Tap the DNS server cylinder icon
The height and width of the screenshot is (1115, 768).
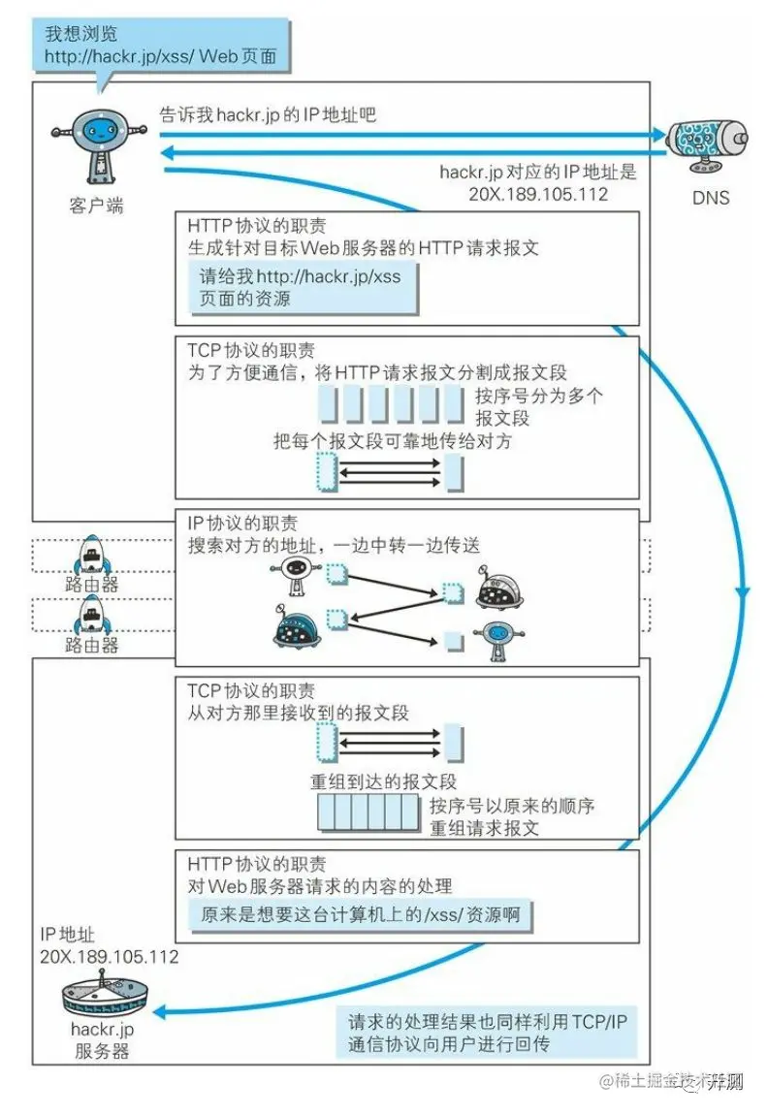tap(706, 143)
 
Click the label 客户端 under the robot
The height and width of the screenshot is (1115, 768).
tap(96, 206)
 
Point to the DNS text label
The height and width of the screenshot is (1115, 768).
tap(710, 198)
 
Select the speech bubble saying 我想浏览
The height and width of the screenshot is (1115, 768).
tap(160, 45)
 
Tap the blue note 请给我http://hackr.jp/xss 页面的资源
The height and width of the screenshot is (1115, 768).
tap(300, 288)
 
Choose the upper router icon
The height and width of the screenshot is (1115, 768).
tap(91, 557)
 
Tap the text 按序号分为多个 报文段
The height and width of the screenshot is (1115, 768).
tap(538, 407)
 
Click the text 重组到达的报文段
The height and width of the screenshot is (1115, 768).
tap(383, 781)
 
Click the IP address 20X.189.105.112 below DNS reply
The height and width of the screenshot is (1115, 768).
tap(538, 193)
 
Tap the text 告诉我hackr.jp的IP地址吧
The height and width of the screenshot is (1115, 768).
tap(267, 115)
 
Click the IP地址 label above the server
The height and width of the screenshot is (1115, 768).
tap(67, 935)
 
